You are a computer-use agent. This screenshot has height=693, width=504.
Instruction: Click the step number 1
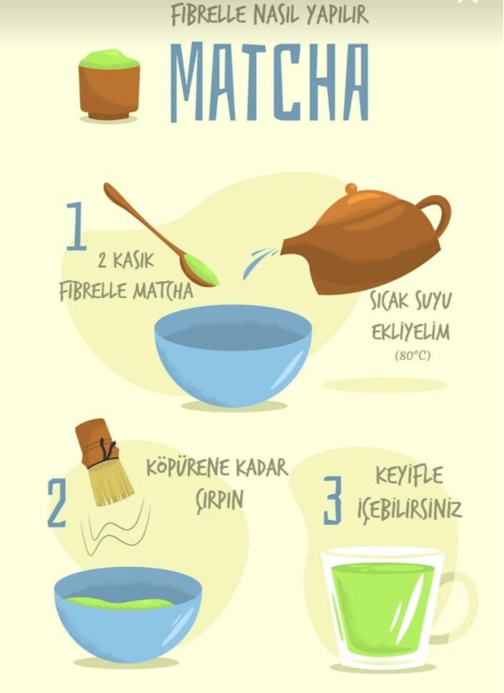tap(76, 226)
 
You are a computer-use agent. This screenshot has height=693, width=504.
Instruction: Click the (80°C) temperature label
tap(412, 355)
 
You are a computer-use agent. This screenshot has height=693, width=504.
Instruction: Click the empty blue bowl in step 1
tap(232, 355)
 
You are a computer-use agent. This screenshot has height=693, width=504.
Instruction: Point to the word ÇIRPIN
tap(219, 499)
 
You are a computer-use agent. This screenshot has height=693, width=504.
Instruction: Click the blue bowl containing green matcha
tap(128, 614)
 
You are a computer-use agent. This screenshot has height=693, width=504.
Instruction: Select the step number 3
tap(332, 500)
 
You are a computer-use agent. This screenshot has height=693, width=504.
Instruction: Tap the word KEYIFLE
tap(409, 476)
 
